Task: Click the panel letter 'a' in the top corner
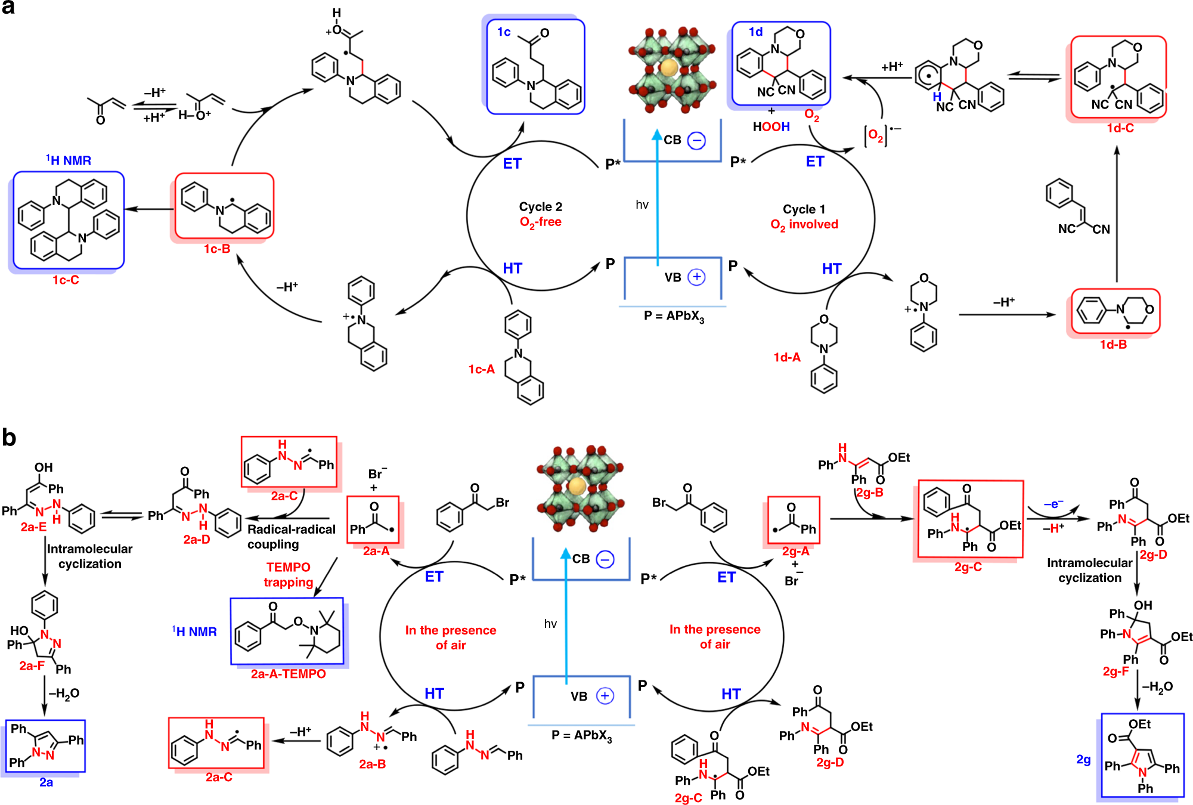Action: click(8, 8)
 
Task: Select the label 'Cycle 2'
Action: click(540, 207)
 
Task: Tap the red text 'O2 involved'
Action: click(804, 225)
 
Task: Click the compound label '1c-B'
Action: click(217, 249)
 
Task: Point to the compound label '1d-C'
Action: click(1120, 128)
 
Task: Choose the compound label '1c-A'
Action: click(481, 370)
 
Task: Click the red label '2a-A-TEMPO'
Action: click(288, 674)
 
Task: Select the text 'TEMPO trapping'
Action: click(288, 574)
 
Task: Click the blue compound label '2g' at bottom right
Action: click(1083, 760)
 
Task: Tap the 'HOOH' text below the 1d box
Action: click(771, 127)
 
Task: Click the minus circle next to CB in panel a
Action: click(696, 141)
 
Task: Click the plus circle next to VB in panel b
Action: click(605, 696)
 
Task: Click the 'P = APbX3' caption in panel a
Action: click(674, 316)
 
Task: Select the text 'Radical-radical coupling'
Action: click(291, 537)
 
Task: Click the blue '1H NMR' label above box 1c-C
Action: click(69, 160)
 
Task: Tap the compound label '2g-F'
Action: click(1115, 671)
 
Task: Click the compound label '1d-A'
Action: click(787, 358)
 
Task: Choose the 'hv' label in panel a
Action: click(642, 205)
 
